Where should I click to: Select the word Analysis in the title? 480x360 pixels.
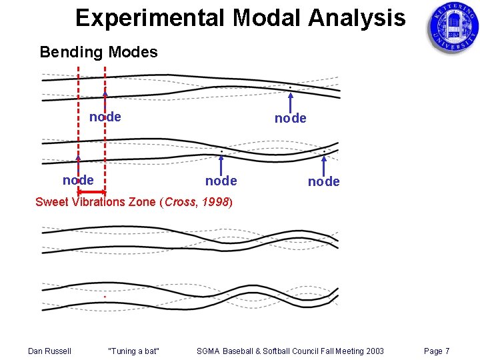[x=355, y=18]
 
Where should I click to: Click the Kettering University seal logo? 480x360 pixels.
[x=453, y=27]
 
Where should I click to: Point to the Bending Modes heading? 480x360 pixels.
[x=99, y=52]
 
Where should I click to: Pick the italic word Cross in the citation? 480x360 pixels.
[x=180, y=201]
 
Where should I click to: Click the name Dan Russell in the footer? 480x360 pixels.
[x=49, y=351]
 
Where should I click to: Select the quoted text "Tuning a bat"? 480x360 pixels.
[x=133, y=351]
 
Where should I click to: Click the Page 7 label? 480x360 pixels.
[x=437, y=351]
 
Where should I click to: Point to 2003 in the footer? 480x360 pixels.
[x=373, y=351]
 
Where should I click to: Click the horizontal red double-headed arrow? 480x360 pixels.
[x=91, y=192]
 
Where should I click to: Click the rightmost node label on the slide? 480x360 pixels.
[x=323, y=181]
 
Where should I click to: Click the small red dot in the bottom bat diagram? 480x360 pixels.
[x=105, y=297]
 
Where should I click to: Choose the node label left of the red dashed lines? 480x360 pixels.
[x=77, y=180]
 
